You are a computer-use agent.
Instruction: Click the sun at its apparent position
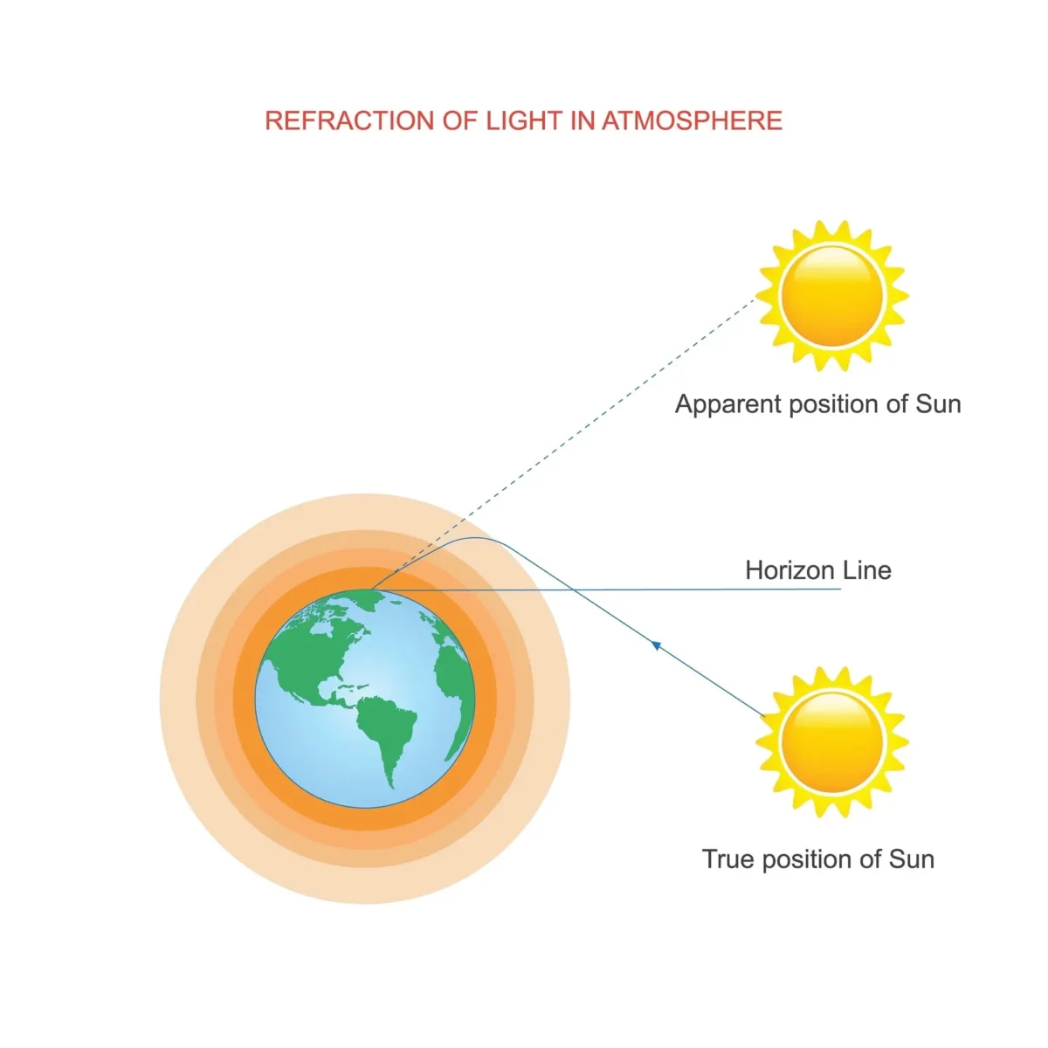click(x=832, y=295)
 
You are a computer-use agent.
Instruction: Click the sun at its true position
click(x=832, y=741)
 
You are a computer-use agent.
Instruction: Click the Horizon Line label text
click(x=817, y=570)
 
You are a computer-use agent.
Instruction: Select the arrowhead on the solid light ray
click(x=656, y=645)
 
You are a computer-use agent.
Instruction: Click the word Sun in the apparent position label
click(x=938, y=404)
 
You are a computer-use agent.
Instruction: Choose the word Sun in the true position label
click(x=912, y=858)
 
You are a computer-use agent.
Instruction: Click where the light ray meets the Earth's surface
click(x=372, y=590)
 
